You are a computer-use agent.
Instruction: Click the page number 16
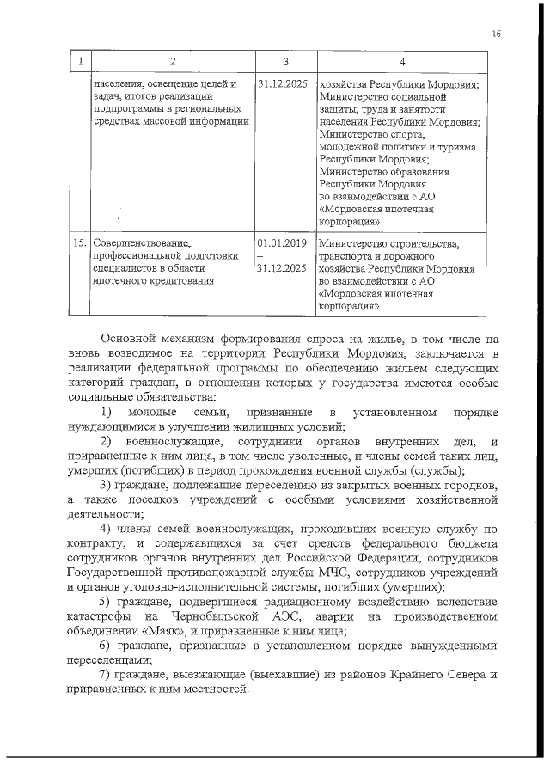(x=497, y=34)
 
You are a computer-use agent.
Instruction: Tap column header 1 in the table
(x=80, y=62)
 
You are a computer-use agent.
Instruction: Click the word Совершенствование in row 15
(x=140, y=243)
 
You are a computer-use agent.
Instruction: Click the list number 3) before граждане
(x=107, y=485)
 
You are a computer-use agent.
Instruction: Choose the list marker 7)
(x=107, y=675)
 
